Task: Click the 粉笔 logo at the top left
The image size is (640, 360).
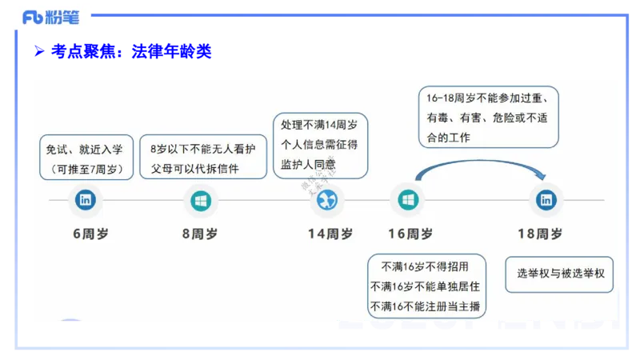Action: [51, 17]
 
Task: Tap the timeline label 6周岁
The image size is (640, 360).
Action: [89, 234]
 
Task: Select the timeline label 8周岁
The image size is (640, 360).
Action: [200, 234]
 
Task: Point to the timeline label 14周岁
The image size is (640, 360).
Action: [330, 234]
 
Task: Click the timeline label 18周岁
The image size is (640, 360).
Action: [540, 234]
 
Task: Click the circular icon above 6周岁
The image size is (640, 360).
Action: [85, 200]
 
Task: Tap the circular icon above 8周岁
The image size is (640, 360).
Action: [200, 200]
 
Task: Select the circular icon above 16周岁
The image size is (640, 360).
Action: [407, 200]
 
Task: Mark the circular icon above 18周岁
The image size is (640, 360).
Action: [546, 200]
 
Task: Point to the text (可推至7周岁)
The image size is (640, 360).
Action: [85, 169]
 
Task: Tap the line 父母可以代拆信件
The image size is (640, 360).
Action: [196, 169]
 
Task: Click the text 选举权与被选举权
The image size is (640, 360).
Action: [560, 274]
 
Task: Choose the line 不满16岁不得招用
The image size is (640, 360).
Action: [425, 267]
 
